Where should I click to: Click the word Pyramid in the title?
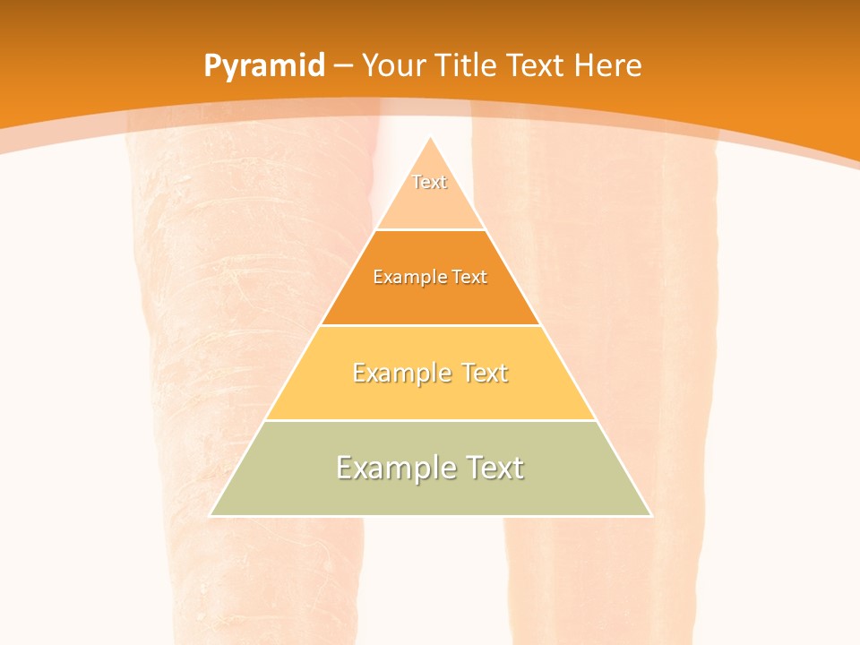tap(264, 66)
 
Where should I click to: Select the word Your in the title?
tap(394, 65)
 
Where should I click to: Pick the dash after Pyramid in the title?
tap(342, 66)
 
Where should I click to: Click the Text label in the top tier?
tap(429, 182)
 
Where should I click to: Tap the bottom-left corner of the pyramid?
tap(211, 515)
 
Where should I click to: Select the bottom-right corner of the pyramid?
tap(651, 515)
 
